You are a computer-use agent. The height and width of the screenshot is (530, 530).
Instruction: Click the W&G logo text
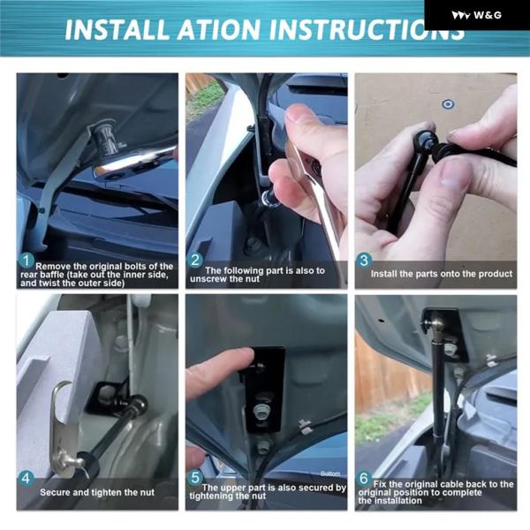point(488,15)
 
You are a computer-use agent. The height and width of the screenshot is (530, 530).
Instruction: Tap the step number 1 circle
point(26,261)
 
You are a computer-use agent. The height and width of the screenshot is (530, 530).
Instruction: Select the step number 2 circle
point(195,261)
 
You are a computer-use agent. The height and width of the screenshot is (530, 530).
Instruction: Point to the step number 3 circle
point(364,261)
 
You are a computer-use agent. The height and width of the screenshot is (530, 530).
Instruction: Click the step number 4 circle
point(26,479)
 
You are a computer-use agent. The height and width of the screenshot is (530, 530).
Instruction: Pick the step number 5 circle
point(196,478)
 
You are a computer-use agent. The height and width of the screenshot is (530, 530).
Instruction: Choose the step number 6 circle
point(364,478)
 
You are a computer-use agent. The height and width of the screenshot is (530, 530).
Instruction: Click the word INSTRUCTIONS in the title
point(367,30)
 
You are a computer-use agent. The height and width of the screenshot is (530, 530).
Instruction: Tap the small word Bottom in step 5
point(330,473)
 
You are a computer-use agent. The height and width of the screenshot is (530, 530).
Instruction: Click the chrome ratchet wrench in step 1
point(134,162)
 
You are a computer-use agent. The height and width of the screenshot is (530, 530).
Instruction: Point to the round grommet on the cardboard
point(448,104)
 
